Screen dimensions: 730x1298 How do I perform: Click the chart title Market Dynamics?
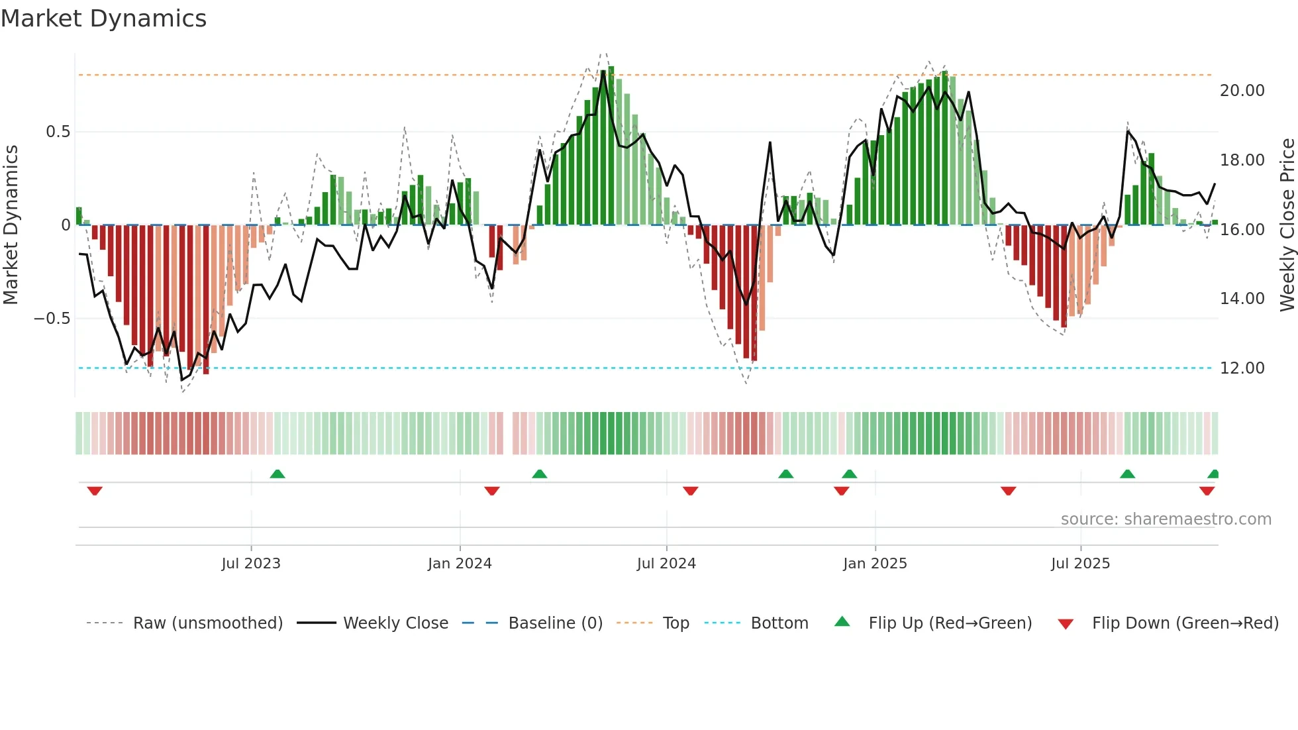tap(103, 19)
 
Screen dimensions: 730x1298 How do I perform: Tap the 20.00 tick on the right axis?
tap(1242, 91)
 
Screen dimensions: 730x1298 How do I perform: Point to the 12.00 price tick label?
tap(1242, 368)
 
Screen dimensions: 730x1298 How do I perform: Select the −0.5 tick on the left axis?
tap(52, 319)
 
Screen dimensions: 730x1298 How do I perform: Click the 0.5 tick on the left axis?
tap(58, 132)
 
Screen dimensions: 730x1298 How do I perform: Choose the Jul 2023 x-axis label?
tap(251, 564)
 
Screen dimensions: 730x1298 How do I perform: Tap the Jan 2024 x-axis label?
tap(460, 564)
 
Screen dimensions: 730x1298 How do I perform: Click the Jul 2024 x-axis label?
tap(666, 564)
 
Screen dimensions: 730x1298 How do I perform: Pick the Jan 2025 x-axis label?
tap(875, 564)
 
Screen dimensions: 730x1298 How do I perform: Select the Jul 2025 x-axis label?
tap(1080, 564)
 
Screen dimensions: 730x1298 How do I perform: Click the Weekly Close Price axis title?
tap(1287, 225)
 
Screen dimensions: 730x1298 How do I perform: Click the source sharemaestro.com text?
tap(1166, 519)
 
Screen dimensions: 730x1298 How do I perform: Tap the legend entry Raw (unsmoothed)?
tap(207, 623)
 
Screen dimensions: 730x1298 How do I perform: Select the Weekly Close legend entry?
tap(395, 623)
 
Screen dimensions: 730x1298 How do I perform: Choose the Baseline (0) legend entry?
tap(555, 623)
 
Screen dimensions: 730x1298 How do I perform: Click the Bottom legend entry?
tap(779, 623)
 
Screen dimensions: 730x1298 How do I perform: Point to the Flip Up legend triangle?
tap(842, 622)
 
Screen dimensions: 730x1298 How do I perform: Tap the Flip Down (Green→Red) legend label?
tap(1185, 623)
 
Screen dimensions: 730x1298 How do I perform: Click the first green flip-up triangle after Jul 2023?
tap(277, 474)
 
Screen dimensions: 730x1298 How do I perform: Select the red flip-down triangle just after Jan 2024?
tap(491, 491)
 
